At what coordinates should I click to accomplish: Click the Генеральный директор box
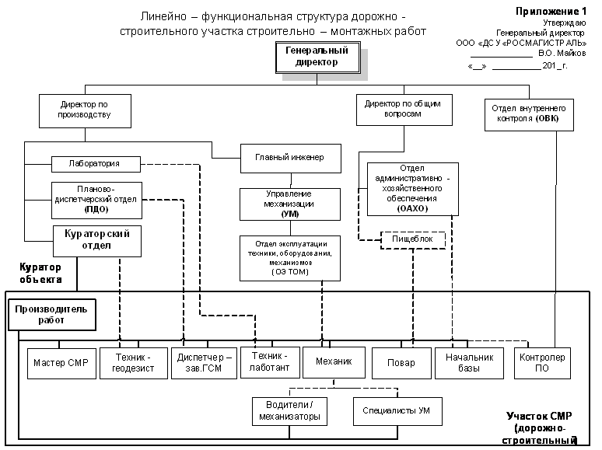[317, 58]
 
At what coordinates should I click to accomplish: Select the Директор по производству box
[85, 110]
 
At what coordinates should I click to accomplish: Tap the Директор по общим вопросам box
[404, 109]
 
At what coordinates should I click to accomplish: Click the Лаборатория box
[96, 164]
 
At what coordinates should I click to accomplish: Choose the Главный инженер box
[289, 158]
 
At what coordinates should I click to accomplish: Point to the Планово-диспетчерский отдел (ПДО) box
[96, 198]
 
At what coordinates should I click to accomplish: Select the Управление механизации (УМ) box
[289, 203]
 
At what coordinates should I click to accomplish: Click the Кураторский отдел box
[96, 240]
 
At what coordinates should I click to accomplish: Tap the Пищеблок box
[413, 240]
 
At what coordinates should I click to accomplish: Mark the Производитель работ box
[51, 315]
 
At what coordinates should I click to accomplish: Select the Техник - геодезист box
[133, 363]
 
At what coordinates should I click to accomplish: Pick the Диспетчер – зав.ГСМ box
[205, 363]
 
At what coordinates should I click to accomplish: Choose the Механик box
[334, 362]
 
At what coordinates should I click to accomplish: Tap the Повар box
[401, 363]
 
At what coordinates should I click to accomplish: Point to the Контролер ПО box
[542, 363]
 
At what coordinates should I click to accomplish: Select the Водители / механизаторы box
[289, 411]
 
